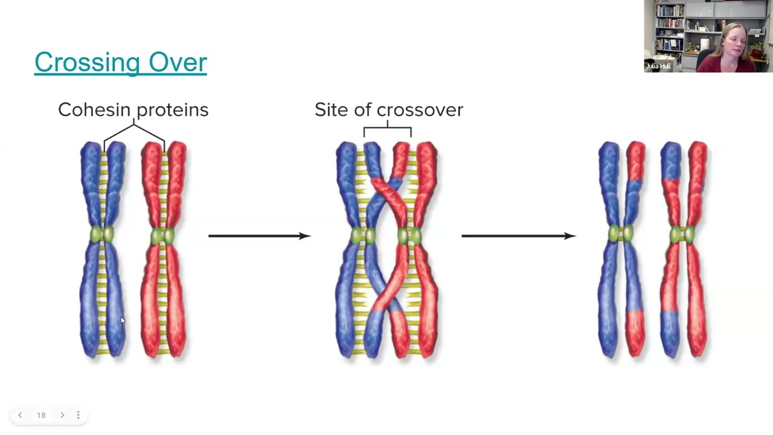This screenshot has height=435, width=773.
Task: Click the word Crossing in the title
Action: click(85, 63)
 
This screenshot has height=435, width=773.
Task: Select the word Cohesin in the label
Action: click(95, 109)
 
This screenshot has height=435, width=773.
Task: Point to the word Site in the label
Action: click(331, 109)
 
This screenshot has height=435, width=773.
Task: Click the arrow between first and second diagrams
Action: click(259, 236)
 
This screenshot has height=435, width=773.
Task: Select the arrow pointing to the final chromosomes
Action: click(518, 236)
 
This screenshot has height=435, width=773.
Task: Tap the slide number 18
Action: click(41, 415)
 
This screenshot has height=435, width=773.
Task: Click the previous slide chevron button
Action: click(20, 415)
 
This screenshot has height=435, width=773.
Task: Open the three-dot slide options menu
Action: click(78, 415)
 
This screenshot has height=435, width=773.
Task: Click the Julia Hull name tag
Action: click(658, 66)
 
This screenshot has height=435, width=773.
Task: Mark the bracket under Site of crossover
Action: click(387, 129)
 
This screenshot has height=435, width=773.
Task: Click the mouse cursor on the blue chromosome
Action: click(122, 321)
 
